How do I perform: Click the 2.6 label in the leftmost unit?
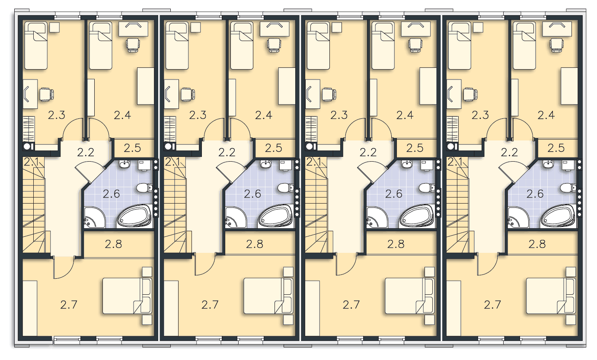point(111,194)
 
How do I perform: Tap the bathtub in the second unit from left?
point(276,216)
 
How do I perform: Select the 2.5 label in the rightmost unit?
point(556,148)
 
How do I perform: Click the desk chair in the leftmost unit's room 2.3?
point(47,95)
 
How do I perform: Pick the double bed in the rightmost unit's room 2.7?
point(551,296)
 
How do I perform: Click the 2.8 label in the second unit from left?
point(255,244)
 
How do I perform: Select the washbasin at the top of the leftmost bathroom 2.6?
point(125,164)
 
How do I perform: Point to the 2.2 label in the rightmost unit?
point(509,152)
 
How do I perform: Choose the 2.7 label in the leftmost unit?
point(68,305)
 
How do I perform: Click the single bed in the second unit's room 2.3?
point(177,46)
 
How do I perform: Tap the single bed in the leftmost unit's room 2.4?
point(100,46)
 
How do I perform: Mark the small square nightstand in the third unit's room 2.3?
point(337,28)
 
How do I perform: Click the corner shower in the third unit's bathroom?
point(377,218)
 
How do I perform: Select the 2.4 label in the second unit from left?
point(264,115)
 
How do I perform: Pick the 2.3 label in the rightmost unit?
point(480,115)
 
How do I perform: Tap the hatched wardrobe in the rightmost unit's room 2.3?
point(452,129)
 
